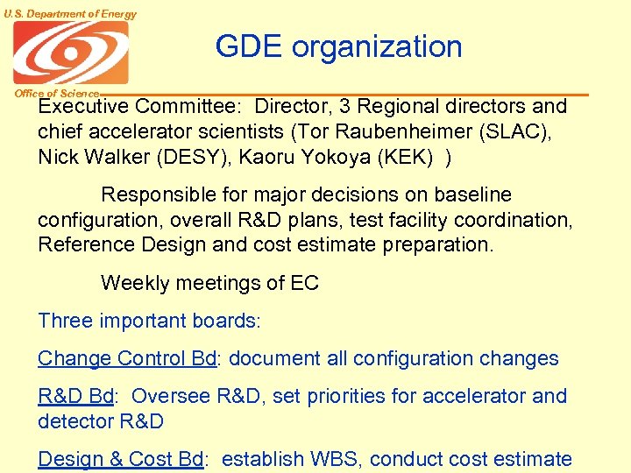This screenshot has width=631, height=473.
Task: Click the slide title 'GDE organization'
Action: tap(338, 46)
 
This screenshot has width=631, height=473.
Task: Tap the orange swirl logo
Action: tap(70, 53)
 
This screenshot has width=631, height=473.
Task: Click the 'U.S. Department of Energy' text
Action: tap(69, 13)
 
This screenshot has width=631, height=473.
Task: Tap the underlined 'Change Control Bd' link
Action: tap(127, 358)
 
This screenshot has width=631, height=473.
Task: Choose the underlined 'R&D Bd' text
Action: tap(75, 396)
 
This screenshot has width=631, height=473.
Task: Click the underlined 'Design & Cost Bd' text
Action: tap(121, 459)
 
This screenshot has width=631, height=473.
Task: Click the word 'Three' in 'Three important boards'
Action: tap(65, 321)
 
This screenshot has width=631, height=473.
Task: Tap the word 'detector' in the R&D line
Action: tap(73, 420)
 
